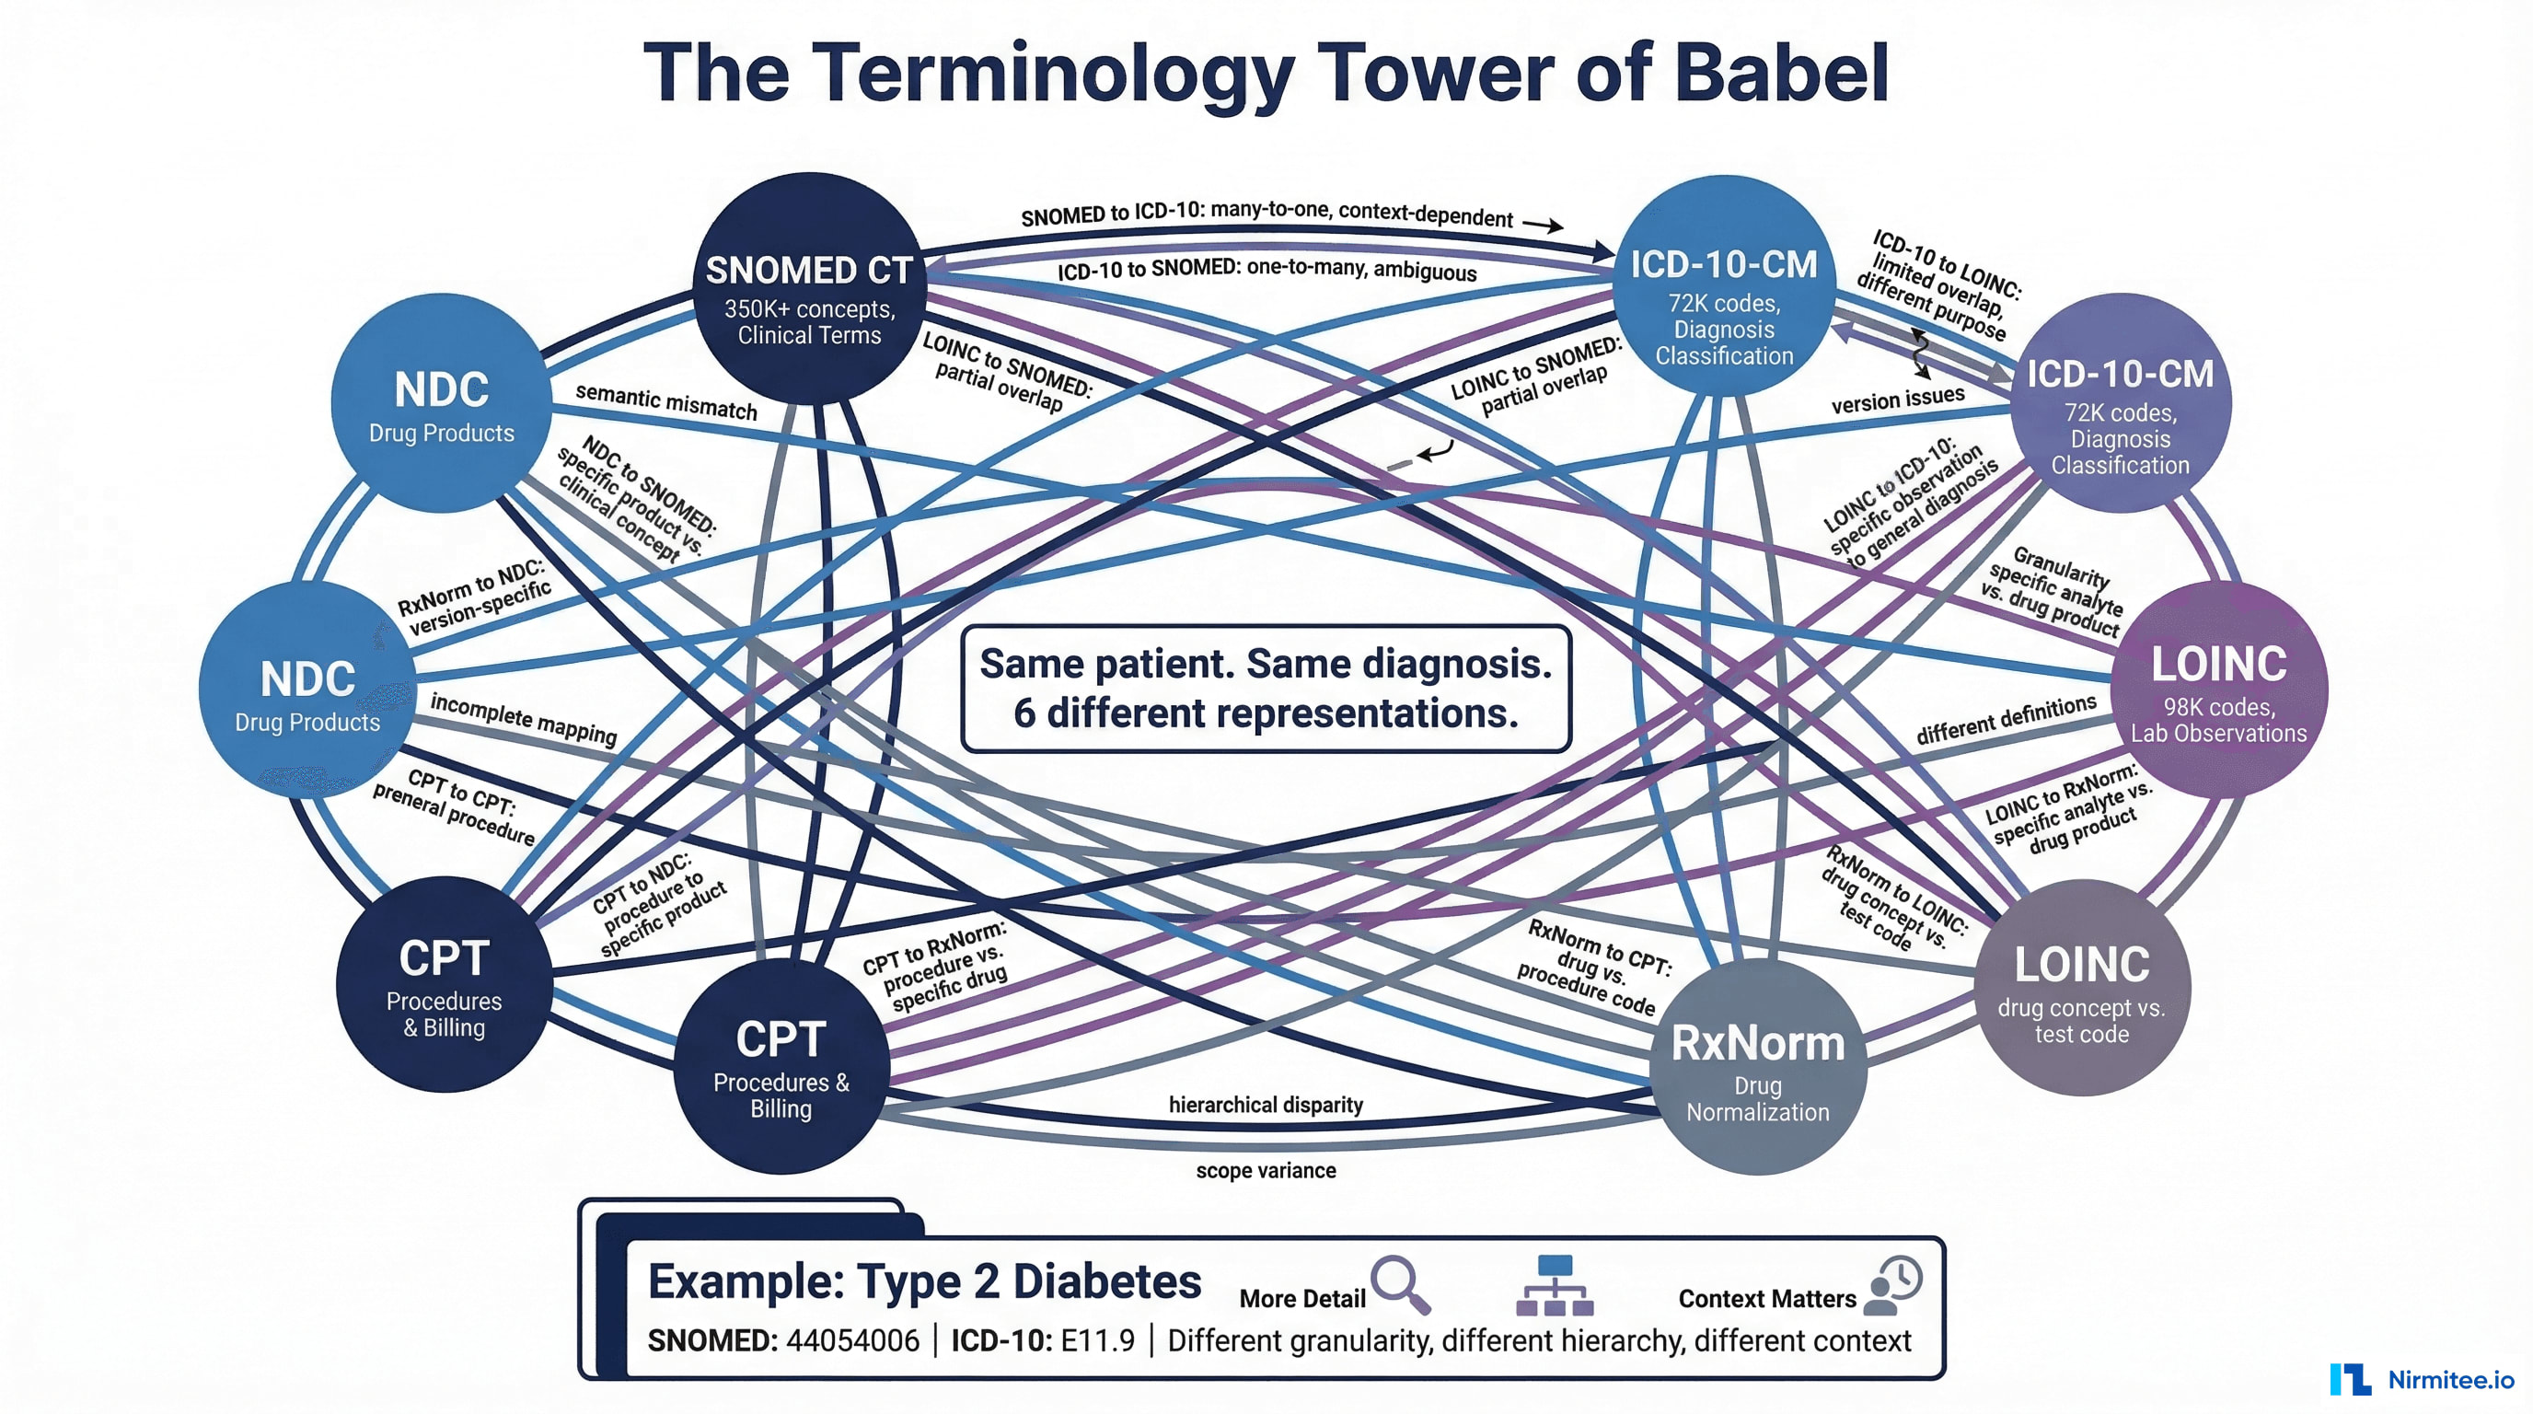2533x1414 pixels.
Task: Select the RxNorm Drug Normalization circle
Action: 1757,1067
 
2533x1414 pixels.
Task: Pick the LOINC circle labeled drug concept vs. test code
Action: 2082,988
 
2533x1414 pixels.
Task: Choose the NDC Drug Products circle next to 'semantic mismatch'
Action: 442,403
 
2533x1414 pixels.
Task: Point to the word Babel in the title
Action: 1780,73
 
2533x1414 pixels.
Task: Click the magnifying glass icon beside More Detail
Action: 1400,1282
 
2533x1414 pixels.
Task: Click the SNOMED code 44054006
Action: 852,1340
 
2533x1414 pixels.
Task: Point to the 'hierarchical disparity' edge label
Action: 1266,1105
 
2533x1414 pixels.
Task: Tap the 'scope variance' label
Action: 1266,1170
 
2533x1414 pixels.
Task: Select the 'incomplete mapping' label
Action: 523,719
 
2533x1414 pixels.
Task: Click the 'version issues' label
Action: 1897,400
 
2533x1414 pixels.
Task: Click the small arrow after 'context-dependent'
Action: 1543,226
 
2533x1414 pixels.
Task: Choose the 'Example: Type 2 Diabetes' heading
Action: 924,1281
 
